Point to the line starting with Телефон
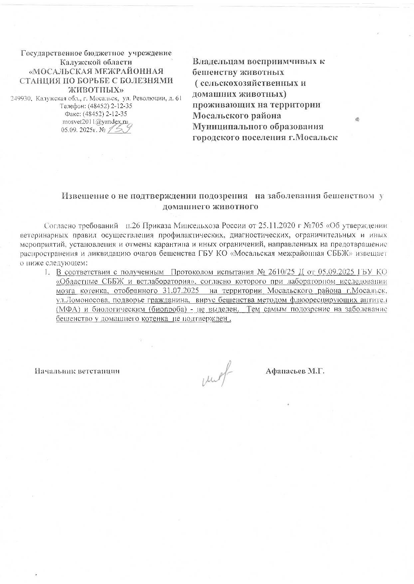pos(96,106)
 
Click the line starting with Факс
pos(96,114)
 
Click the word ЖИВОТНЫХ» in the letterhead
pos(97,89)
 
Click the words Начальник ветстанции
pos(77,371)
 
